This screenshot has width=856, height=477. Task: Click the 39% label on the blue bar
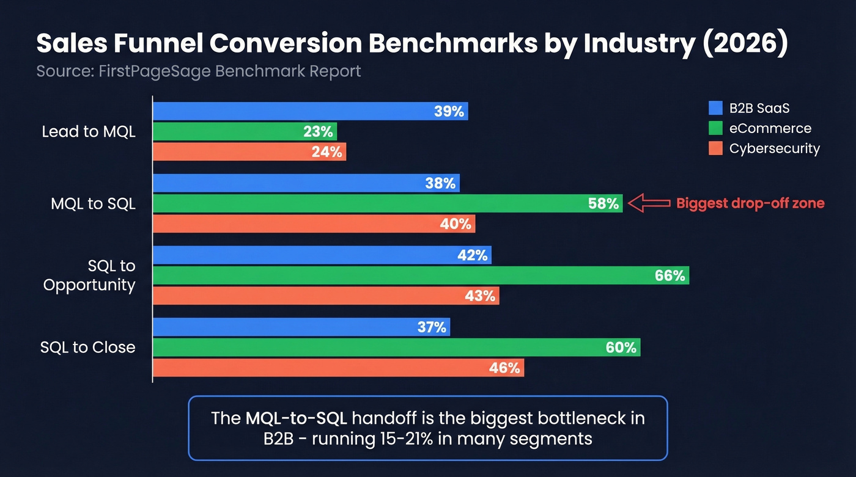449,111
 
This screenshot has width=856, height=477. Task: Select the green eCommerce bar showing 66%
421,275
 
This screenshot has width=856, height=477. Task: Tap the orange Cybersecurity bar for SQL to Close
338,368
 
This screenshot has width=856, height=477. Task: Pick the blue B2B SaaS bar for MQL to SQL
306,183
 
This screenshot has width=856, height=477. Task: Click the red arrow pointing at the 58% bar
649,203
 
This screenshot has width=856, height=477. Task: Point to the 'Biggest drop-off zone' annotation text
750,203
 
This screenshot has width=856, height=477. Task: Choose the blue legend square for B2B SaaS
715,108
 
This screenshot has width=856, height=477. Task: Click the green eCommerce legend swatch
715,128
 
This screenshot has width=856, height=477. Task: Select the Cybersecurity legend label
774,148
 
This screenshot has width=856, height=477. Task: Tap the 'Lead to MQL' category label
89,131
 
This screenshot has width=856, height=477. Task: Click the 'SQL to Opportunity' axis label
89,275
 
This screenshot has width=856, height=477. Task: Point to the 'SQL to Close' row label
87,348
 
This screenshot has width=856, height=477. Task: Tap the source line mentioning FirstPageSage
199,71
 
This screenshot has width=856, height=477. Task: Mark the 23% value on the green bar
318,131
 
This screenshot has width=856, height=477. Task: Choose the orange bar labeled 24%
249,151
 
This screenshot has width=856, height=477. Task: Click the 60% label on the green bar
621,348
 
